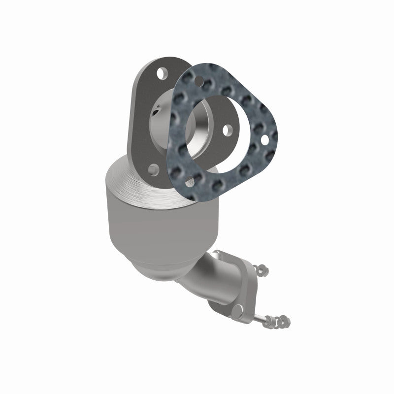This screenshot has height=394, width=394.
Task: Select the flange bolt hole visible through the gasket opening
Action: click(227, 130)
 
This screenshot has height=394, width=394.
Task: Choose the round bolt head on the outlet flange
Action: click(238, 309)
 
